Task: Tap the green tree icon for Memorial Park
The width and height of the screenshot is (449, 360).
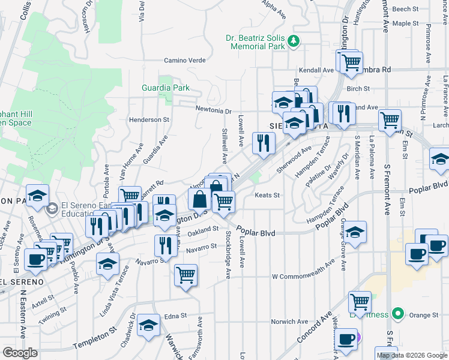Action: coord(294,41)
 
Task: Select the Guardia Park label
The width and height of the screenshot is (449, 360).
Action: coord(166,88)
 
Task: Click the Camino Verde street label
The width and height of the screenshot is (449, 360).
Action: coord(185,61)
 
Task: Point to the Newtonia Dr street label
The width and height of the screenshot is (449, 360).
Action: coord(214,110)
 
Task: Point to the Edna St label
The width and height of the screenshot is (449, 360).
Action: coord(176,316)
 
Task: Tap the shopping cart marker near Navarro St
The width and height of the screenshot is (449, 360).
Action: coord(185,275)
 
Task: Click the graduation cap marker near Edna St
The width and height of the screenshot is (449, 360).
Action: coord(148,325)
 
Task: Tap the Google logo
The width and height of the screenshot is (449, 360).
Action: coord(20,353)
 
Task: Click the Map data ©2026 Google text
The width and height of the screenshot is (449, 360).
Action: coord(412,355)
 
